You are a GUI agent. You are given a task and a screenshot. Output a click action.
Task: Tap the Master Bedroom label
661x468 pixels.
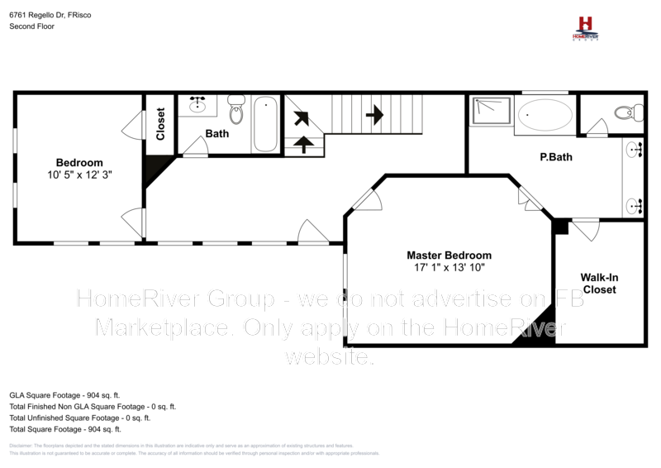tap(449, 255)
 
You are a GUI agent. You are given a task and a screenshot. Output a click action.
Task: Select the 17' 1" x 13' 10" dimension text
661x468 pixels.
tap(449, 269)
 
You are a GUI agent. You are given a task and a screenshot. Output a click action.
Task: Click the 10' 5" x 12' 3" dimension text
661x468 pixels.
tap(79, 175)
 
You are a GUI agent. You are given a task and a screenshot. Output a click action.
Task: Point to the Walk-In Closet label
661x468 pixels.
tap(599, 284)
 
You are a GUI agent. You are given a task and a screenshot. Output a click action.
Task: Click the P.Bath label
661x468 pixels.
tap(555, 157)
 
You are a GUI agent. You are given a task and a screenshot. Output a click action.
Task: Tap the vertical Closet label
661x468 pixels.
tap(160, 123)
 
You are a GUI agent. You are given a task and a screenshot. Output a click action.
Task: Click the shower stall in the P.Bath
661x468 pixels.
tap(491, 112)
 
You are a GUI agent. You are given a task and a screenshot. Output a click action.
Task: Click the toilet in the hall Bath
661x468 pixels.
tap(236, 106)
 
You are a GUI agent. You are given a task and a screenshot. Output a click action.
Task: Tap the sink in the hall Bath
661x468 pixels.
tap(198, 105)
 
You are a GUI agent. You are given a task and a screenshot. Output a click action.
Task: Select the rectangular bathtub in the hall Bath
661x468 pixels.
tap(266, 124)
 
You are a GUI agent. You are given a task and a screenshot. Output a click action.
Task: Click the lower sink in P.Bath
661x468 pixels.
tap(635, 204)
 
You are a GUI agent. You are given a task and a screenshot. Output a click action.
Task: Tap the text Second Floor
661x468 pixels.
tap(33, 26)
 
